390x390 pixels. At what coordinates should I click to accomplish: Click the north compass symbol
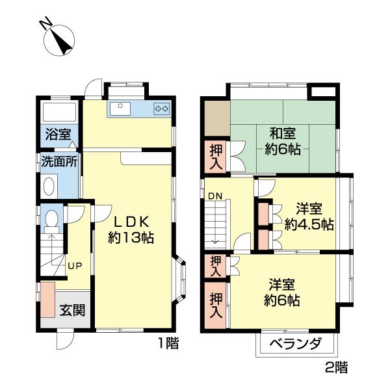tap(59, 40)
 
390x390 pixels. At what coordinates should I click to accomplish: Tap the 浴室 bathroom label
tap(58, 135)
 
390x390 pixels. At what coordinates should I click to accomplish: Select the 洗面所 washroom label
tap(59, 161)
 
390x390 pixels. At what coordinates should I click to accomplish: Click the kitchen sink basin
tap(120, 109)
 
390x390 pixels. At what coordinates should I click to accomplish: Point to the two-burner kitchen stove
tap(162, 109)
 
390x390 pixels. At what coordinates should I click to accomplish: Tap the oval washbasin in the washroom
tap(49, 186)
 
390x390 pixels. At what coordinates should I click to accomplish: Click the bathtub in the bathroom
tap(59, 112)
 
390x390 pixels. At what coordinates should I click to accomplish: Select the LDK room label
tap(131, 222)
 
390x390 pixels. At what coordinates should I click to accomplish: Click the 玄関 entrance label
tap(72, 310)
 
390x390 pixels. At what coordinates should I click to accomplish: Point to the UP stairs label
tap(75, 266)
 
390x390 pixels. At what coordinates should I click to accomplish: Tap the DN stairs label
tap(215, 196)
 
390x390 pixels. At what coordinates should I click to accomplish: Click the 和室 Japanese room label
tap(283, 133)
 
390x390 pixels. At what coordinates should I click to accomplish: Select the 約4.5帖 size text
tap(309, 224)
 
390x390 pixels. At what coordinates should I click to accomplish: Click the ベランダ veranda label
tap(296, 344)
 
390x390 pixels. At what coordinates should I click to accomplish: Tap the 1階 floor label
tap(168, 343)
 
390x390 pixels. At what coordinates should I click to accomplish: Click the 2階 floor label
tap(337, 367)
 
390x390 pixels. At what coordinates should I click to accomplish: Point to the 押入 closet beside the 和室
tap(216, 157)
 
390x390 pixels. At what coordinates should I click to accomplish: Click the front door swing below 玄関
tap(66, 341)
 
